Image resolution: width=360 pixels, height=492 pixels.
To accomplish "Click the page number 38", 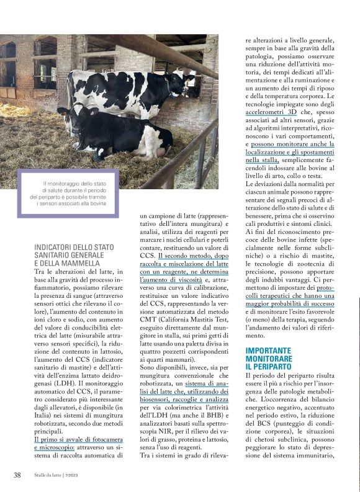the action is tap(17, 475).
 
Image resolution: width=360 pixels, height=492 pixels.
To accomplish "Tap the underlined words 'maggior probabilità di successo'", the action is tap(289, 304).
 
